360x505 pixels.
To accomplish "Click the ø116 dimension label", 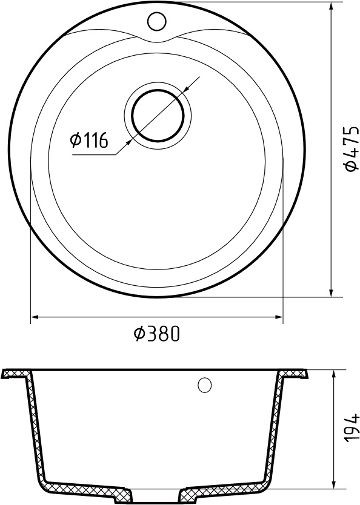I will (x=89, y=141).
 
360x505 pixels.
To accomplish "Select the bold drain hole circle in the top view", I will (x=158, y=114).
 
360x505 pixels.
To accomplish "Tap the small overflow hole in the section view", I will (x=205, y=386).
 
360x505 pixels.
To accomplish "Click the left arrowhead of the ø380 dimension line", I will (x=35, y=317).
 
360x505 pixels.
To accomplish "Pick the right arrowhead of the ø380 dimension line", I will (x=279, y=317).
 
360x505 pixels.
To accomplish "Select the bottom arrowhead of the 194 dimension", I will (x=335, y=484).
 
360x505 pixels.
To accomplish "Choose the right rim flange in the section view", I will (x=297, y=374).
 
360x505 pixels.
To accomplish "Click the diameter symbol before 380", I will (x=138, y=334).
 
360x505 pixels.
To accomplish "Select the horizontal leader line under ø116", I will (x=94, y=156).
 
